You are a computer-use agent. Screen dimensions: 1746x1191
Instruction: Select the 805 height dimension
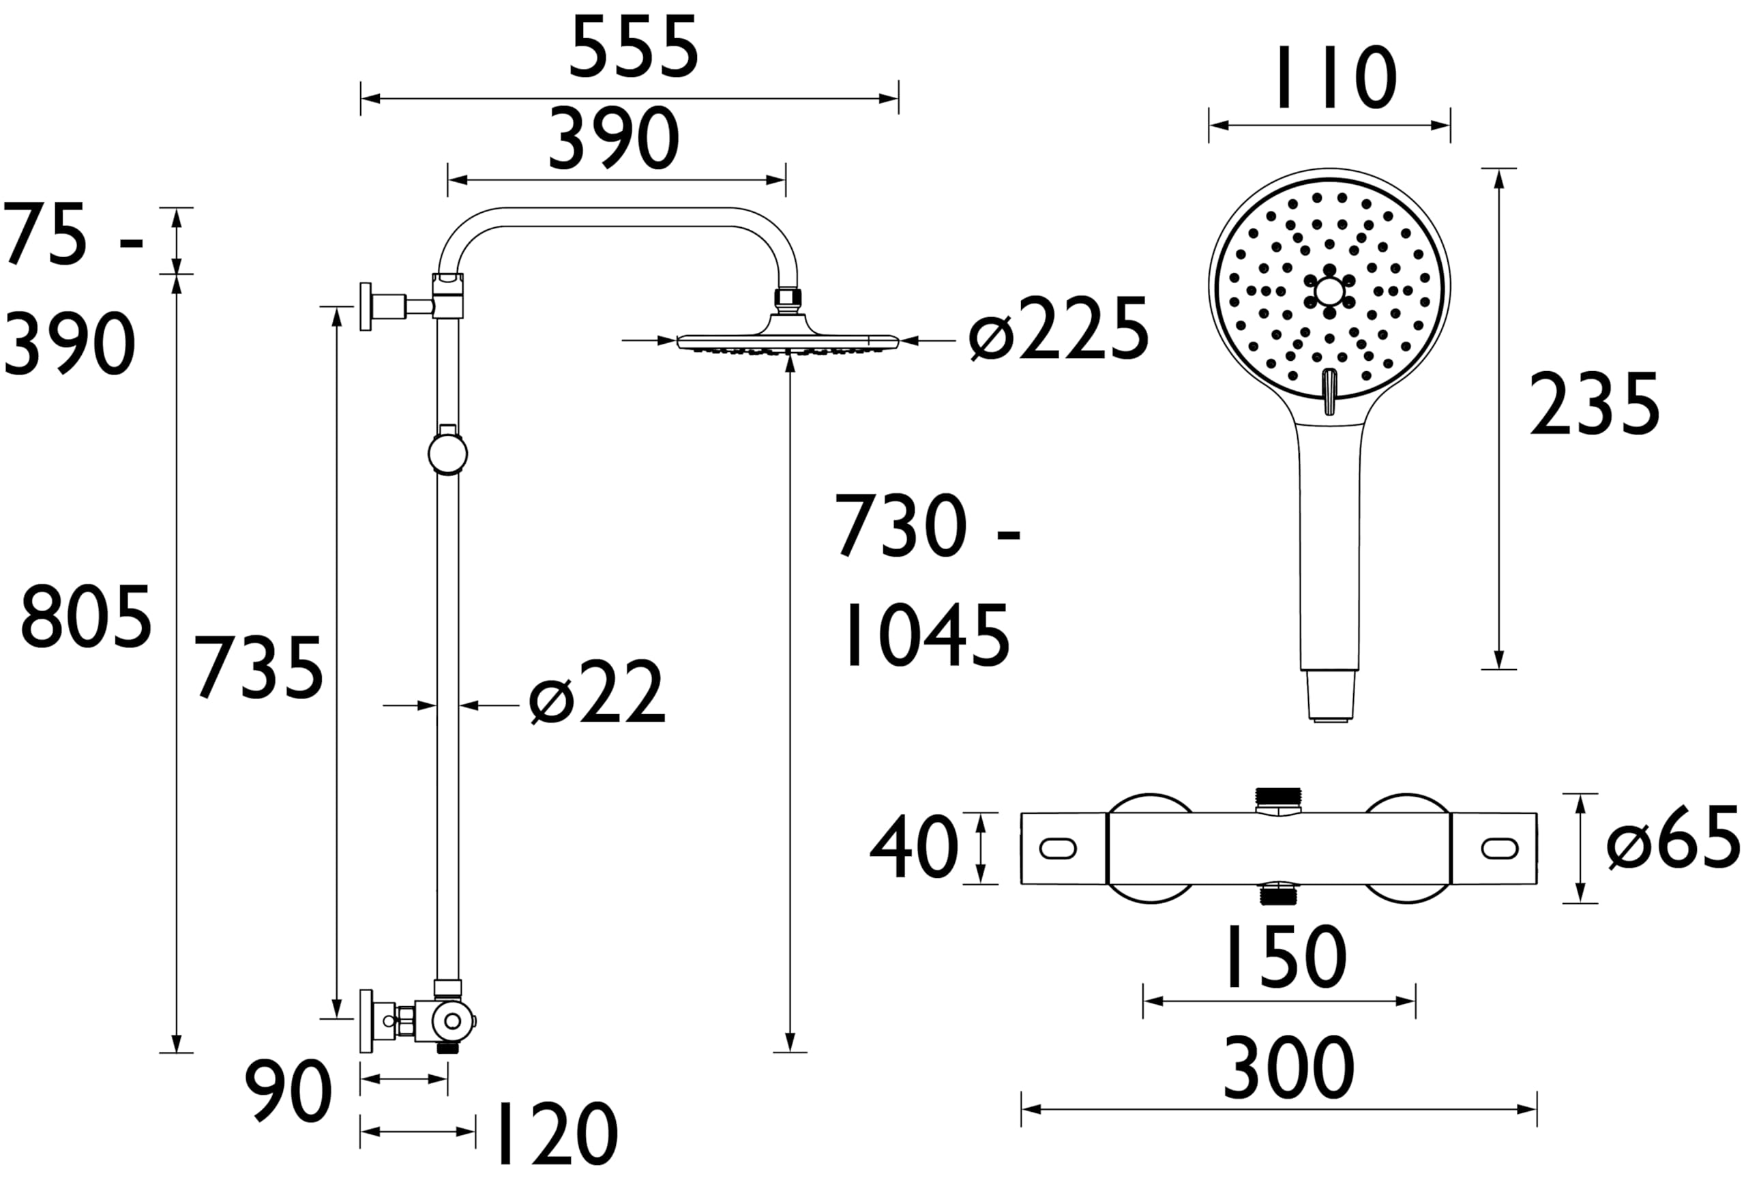87,617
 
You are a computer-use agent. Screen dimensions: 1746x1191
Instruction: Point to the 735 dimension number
259,667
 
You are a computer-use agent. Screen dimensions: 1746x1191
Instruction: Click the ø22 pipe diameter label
597,692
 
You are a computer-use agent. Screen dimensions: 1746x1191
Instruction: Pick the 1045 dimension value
927,636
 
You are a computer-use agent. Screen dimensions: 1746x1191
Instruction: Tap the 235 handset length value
1594,405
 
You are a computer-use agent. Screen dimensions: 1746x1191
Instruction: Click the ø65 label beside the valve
1673,837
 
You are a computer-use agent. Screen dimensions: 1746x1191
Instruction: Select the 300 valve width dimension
1289,1067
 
